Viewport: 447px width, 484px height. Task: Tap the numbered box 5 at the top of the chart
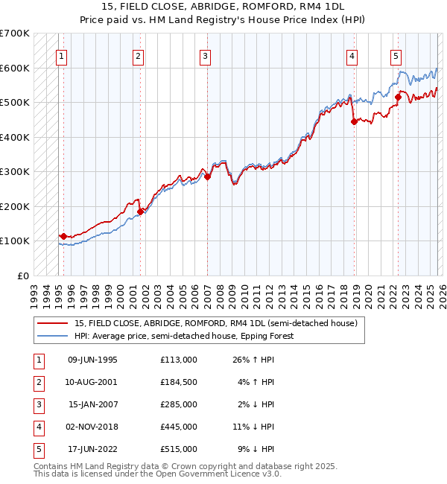point(396,54)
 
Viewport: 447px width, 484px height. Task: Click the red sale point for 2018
point(354,122)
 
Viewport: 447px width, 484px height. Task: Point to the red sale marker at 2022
point(399,97)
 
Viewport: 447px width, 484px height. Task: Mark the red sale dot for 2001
point(140,211)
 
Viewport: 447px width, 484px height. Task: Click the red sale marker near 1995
point(63,236)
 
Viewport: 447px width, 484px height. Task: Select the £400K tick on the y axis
point(15,137)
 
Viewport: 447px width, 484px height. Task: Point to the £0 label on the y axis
point(22,276)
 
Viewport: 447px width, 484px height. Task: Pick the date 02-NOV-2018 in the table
point(92,427)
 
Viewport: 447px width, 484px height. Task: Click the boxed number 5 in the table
point(37,449)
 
